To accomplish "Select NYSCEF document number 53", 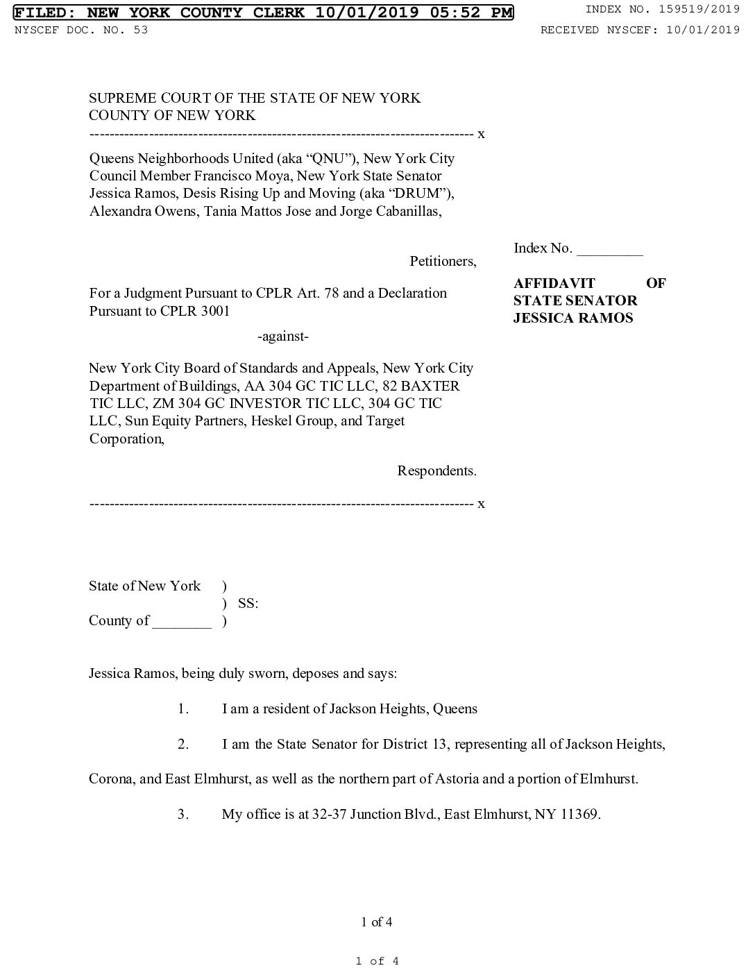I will [142, 30].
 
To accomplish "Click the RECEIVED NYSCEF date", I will [702, 30].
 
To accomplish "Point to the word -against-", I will [282, 337].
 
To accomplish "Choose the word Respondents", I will [436, 471].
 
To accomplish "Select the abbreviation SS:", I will [248, 604].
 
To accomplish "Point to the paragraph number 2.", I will [183, 745].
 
